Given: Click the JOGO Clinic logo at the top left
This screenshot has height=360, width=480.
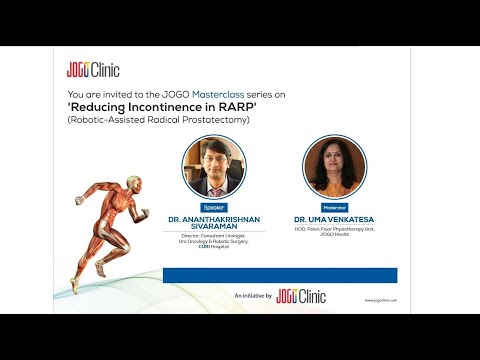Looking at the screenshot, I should point(93,69).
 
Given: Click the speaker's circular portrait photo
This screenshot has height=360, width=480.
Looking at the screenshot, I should point(213,167).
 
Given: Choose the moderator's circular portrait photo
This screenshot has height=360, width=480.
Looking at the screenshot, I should point(331,167).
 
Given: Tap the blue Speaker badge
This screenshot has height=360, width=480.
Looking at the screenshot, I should point(213,207).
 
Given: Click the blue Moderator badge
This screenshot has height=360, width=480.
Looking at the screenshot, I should point(331,207).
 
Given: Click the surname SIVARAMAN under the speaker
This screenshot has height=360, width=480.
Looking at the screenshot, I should point(213,228).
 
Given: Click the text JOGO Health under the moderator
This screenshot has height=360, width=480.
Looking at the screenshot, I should point(331,233).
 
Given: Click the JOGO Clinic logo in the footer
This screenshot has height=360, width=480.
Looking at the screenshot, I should point(302,297).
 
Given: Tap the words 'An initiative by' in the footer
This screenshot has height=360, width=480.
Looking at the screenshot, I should point(253,297).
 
